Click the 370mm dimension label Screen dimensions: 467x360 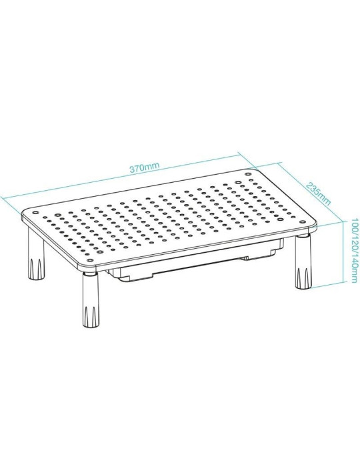pos(145,167)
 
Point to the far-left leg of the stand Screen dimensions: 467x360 pos(34,257)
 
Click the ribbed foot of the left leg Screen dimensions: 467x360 pos(34,267)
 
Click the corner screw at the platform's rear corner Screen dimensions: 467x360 pos(248,175)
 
